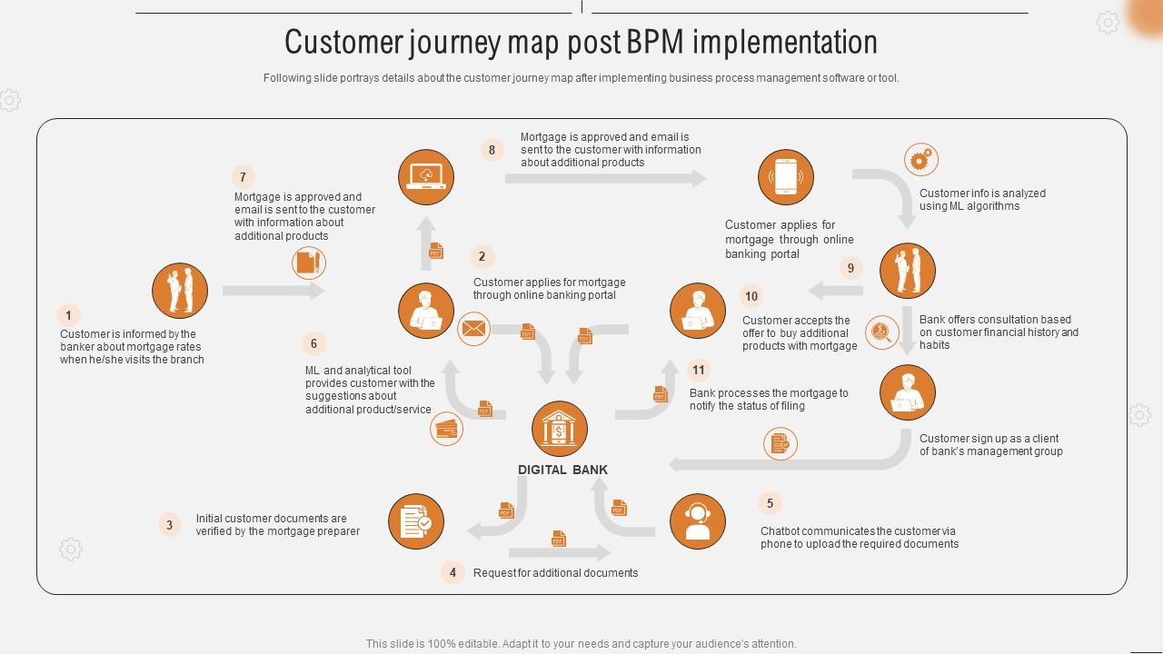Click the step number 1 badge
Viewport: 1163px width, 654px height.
click(68, 315)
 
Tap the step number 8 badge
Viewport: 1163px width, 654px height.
click(492, 150)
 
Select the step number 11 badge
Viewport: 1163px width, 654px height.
click(698, 370)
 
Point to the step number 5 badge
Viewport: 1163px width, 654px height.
click(770, 503)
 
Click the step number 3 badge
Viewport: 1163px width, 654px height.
click(169, 524)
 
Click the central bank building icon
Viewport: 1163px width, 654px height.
click(560, 429)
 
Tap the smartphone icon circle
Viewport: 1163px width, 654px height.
click(786, 177)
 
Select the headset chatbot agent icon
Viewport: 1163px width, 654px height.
click(698, 521)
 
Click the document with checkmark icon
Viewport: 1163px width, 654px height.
click(416, 521)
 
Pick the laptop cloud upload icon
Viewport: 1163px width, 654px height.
click(426, 177)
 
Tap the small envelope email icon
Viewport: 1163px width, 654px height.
click(473, 329)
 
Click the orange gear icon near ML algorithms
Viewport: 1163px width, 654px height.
click(921, 160)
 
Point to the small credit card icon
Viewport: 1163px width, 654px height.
click(446, 428)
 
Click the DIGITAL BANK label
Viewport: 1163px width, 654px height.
click(562, 470)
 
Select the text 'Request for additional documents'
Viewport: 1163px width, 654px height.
click(555, 573)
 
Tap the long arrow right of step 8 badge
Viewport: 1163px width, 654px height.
click(605, 179)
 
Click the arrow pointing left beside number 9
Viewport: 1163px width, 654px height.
click(836, 291)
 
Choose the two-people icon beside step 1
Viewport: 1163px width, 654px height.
click(180, 291)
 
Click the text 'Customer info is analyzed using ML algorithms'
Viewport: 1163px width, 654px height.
click(982, 200)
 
